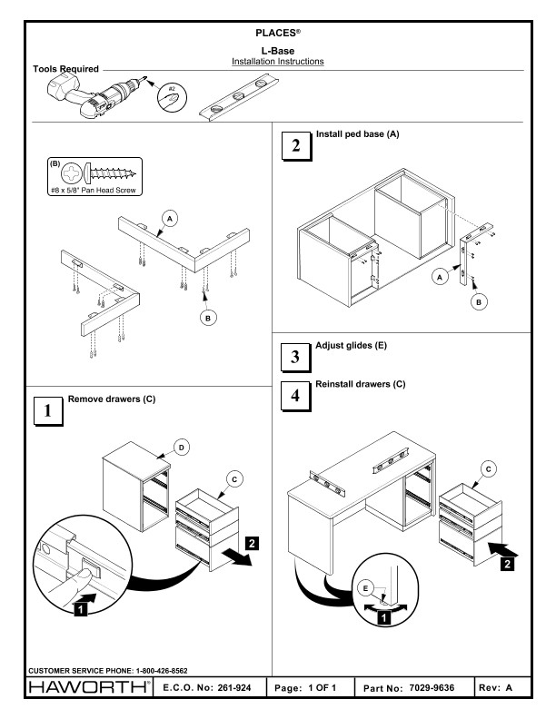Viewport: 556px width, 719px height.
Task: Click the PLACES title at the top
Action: tap(278, 34)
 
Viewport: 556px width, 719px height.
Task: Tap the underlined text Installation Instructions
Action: tap(278, 62)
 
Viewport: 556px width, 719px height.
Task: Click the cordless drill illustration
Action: tap(90, 94)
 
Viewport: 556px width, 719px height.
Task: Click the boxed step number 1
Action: tap(46, 409)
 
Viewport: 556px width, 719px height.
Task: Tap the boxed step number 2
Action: tap(293, 146)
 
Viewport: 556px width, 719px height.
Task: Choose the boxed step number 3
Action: tap(293, 356)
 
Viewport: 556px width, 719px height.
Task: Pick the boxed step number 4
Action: tap(293, 396)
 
